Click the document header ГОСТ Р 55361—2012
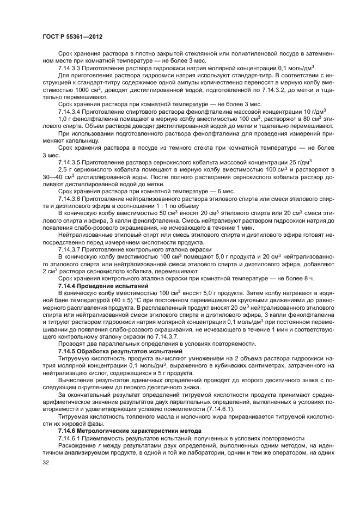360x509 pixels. (x=72, y=36)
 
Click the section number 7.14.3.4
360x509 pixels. (x=72, y=111)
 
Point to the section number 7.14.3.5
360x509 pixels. (x=72, y=162)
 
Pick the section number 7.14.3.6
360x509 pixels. (x=72, y=199)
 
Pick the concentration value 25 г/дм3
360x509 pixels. (x=297, y=162)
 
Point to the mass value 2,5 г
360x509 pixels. (x=63, y=169)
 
